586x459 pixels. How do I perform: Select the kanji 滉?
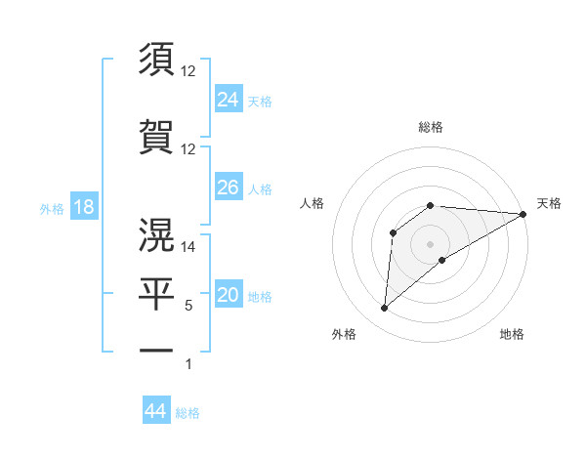click(x=157, y=234)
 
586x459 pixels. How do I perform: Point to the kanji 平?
click(x=157, y=295)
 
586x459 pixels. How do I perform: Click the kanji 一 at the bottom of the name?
click(x=157, y=349)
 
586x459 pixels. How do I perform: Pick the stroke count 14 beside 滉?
click(x=188, y=248)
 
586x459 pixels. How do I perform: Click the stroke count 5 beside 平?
click(x=188, y=306)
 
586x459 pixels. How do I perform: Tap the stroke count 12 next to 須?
click(x=188, y=71)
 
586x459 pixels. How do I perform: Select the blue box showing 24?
click(x=229, y=100)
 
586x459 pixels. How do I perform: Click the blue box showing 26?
click(x=229, y=188)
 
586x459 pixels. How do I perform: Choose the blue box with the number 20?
click(x=229, y=296)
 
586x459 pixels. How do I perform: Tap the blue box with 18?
click(x=83, y=208)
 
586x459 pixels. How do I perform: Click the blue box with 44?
click(x=155, y=411)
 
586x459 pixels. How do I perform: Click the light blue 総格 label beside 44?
click(x=188, y=413)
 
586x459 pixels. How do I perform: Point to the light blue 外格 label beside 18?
click(x=52, y=209)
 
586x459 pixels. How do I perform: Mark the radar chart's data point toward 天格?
click(x=523, y=214)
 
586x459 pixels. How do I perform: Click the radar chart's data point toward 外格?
click(x=384, y=309)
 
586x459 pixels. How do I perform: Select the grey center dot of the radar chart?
click(x=430, y=244)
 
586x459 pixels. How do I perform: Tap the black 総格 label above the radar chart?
click(x=430, y=127)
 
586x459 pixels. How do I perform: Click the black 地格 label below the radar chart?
click(x=512, y=334)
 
